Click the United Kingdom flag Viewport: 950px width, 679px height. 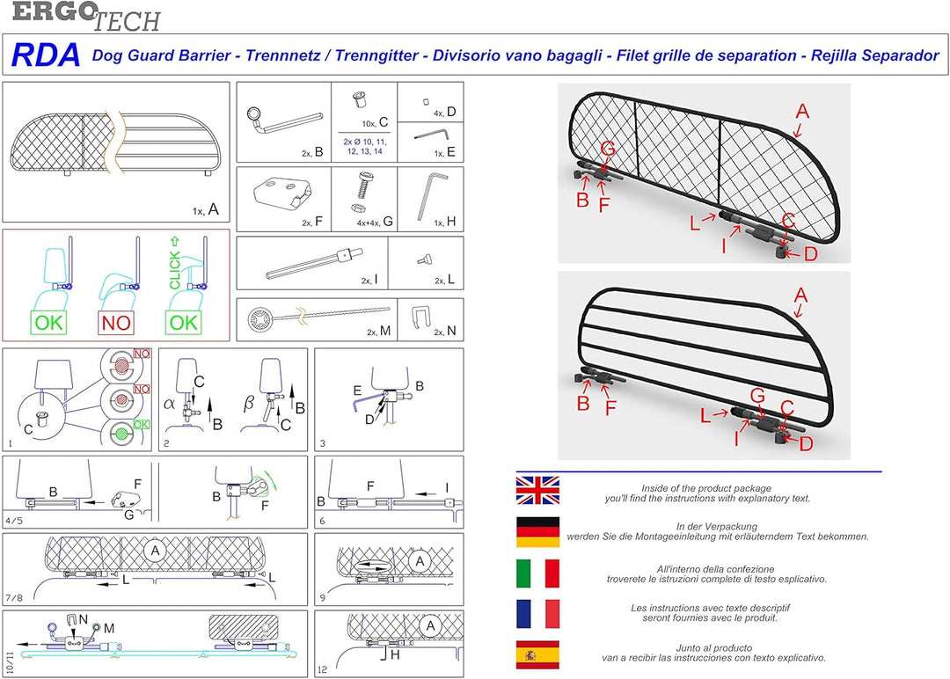tap(537, 490)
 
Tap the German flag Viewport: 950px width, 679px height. tap(537, 532)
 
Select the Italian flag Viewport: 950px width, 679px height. tap(537, 573)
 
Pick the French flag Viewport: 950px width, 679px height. tap(537, 614)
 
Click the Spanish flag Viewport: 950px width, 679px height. tap(537, 655)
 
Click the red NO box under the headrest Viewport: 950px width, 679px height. tap(116, 322)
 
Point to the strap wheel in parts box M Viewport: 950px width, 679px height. tap(260, 317)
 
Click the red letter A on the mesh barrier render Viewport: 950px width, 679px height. tap(801, 111)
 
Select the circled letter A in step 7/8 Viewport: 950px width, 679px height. tap(156, 551)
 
